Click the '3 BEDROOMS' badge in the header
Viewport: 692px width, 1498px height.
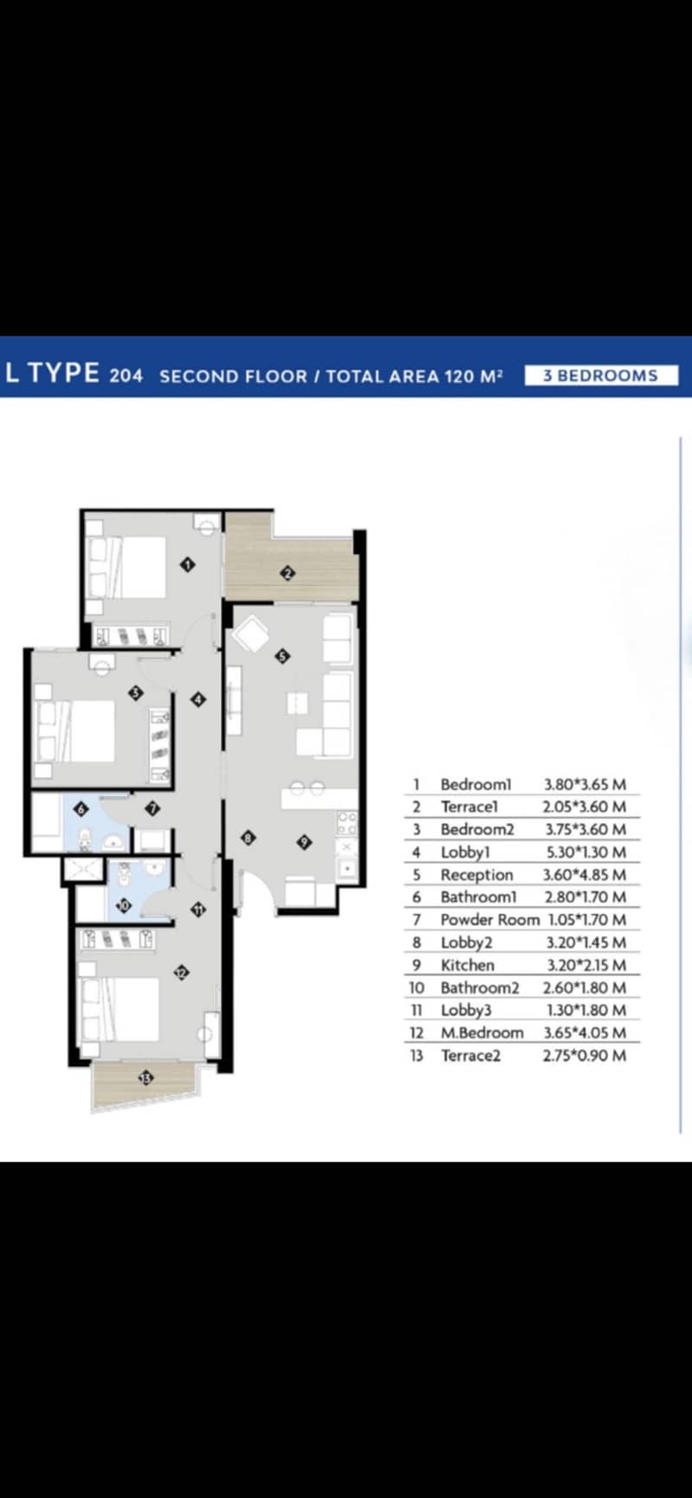coord(601,376)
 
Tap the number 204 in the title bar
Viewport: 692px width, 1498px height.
coord(126,376)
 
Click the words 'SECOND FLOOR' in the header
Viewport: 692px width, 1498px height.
coord(234,376)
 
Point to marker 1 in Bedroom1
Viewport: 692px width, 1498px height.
coord(188,564)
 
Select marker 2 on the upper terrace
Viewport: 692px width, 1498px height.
coord(288,571)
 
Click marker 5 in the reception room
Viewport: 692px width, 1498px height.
coord(282,656)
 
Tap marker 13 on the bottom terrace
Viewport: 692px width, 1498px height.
coord(145,1077)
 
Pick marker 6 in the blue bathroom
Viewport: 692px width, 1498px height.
coord(81,809)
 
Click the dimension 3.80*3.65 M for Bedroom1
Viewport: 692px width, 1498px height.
coord(585,784)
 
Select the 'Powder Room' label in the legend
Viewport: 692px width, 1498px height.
coord(490,920)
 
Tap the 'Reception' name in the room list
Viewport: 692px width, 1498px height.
coord(477,875)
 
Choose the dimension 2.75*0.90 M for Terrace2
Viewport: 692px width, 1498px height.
coord(585,1055)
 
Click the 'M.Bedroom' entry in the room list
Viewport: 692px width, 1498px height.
coord(482,1032)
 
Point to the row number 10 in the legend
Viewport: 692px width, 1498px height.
coord(416,987)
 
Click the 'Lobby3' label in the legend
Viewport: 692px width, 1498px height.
coord(466,1010)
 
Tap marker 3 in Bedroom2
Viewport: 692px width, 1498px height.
coord(135,692)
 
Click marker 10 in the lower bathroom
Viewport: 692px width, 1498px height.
coord(123,906)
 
